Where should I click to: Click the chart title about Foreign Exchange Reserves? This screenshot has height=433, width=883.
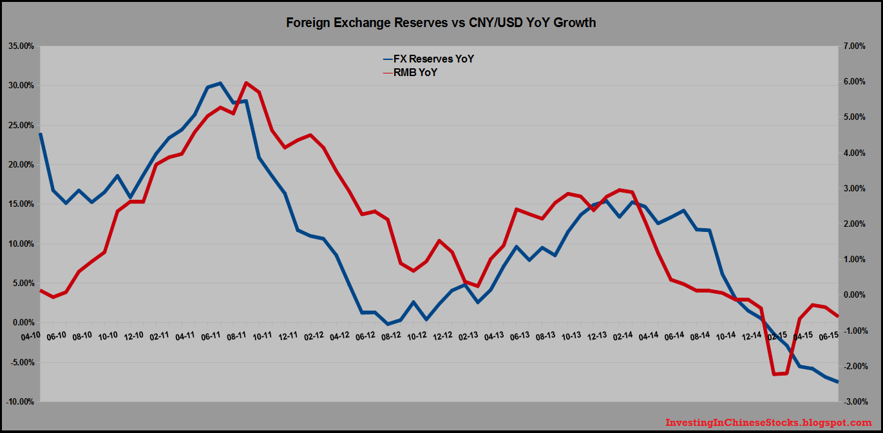coord(441,23)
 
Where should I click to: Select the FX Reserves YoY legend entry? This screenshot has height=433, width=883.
coord(428,59)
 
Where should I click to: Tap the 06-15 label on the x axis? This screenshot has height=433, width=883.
coord(828,336)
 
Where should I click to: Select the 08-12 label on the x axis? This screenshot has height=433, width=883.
coord(392,336)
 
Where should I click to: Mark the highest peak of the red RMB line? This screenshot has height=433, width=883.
coord(246,83)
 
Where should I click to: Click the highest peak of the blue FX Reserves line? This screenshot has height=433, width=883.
coord(220,83)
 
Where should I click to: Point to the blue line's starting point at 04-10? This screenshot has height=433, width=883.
coord(41,134)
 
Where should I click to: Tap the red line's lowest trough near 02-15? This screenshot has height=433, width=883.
coord(774,374)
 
